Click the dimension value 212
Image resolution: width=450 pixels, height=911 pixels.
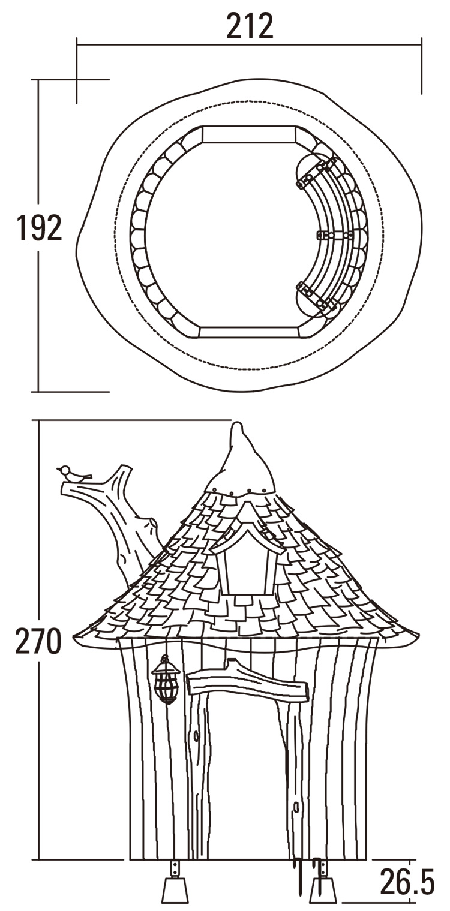click(250, 26)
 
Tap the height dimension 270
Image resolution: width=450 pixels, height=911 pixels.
click(38, 641)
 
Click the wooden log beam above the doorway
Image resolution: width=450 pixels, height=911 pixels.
click(247, 684)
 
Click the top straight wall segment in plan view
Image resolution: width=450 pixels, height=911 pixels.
click(248, 134)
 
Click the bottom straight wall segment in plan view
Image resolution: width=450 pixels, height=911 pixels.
click(248, 332)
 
